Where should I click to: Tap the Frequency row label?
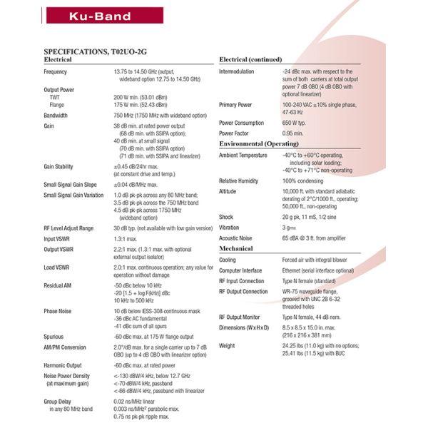coord(56,72)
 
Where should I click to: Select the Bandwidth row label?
coord(56,115)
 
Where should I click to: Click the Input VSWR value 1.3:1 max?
coord(126,238)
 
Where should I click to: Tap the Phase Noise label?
coord(57,311)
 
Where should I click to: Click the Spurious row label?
coord(54,337)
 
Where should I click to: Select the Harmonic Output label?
coord(62,365)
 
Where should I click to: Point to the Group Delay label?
coord(58,402)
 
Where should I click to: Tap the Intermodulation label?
coord(237,72)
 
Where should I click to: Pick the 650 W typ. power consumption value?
coord(299,123)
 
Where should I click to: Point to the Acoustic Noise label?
coord(237,238)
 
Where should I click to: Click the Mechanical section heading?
coord(236,248)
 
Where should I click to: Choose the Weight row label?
coord(228,345)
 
